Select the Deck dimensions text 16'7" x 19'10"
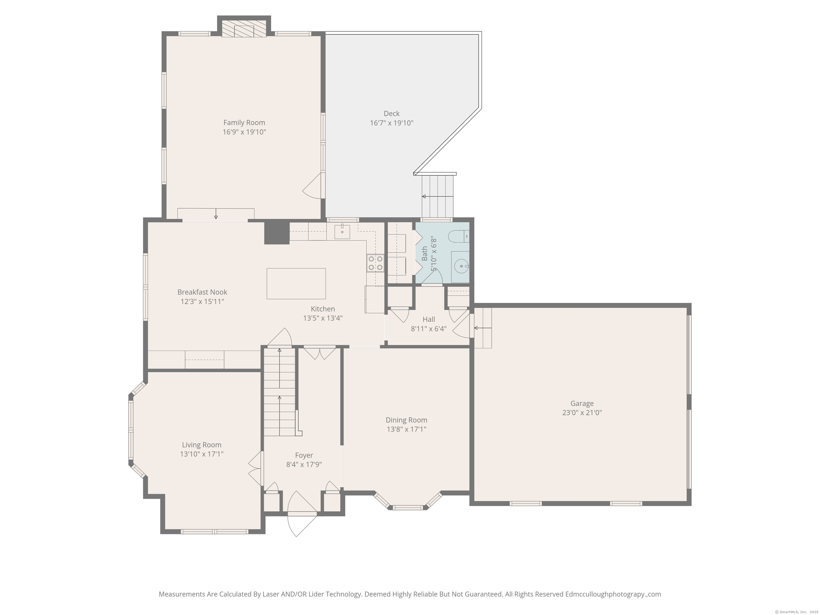(392, 123)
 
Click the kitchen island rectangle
(296, 283)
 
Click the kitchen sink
(342, 232)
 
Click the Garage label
(582, 403)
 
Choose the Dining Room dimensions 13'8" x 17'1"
(406, 429)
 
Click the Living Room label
(202, 445)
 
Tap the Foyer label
(304, 455)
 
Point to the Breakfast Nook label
(202, 292)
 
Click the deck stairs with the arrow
(437, 196)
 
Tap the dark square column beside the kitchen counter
(277, 232)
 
